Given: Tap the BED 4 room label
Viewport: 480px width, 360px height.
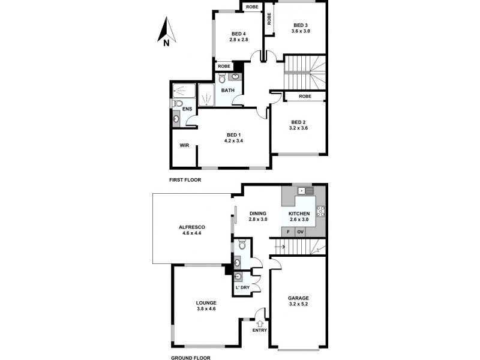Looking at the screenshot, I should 238,34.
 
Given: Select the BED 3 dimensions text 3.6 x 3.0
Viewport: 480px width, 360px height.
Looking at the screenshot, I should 301,31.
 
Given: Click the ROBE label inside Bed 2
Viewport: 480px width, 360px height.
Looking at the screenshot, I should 305,96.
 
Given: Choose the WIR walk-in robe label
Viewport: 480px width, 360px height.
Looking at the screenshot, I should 185,145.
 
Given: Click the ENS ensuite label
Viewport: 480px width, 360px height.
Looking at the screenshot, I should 187,109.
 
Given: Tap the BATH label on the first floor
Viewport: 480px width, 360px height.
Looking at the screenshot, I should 228,91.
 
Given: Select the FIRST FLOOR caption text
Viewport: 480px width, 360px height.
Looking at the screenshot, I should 185,180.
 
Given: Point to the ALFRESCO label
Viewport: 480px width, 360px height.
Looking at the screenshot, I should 192,227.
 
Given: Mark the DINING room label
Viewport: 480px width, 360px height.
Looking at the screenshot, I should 257,214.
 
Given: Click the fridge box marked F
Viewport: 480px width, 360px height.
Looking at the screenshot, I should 288,232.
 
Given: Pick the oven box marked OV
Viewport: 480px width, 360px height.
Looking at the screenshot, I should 301,232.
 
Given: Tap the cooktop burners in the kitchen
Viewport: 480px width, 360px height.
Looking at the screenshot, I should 320,211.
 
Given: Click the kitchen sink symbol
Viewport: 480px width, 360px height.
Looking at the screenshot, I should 305,191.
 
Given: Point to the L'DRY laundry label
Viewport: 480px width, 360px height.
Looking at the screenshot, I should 242,288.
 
